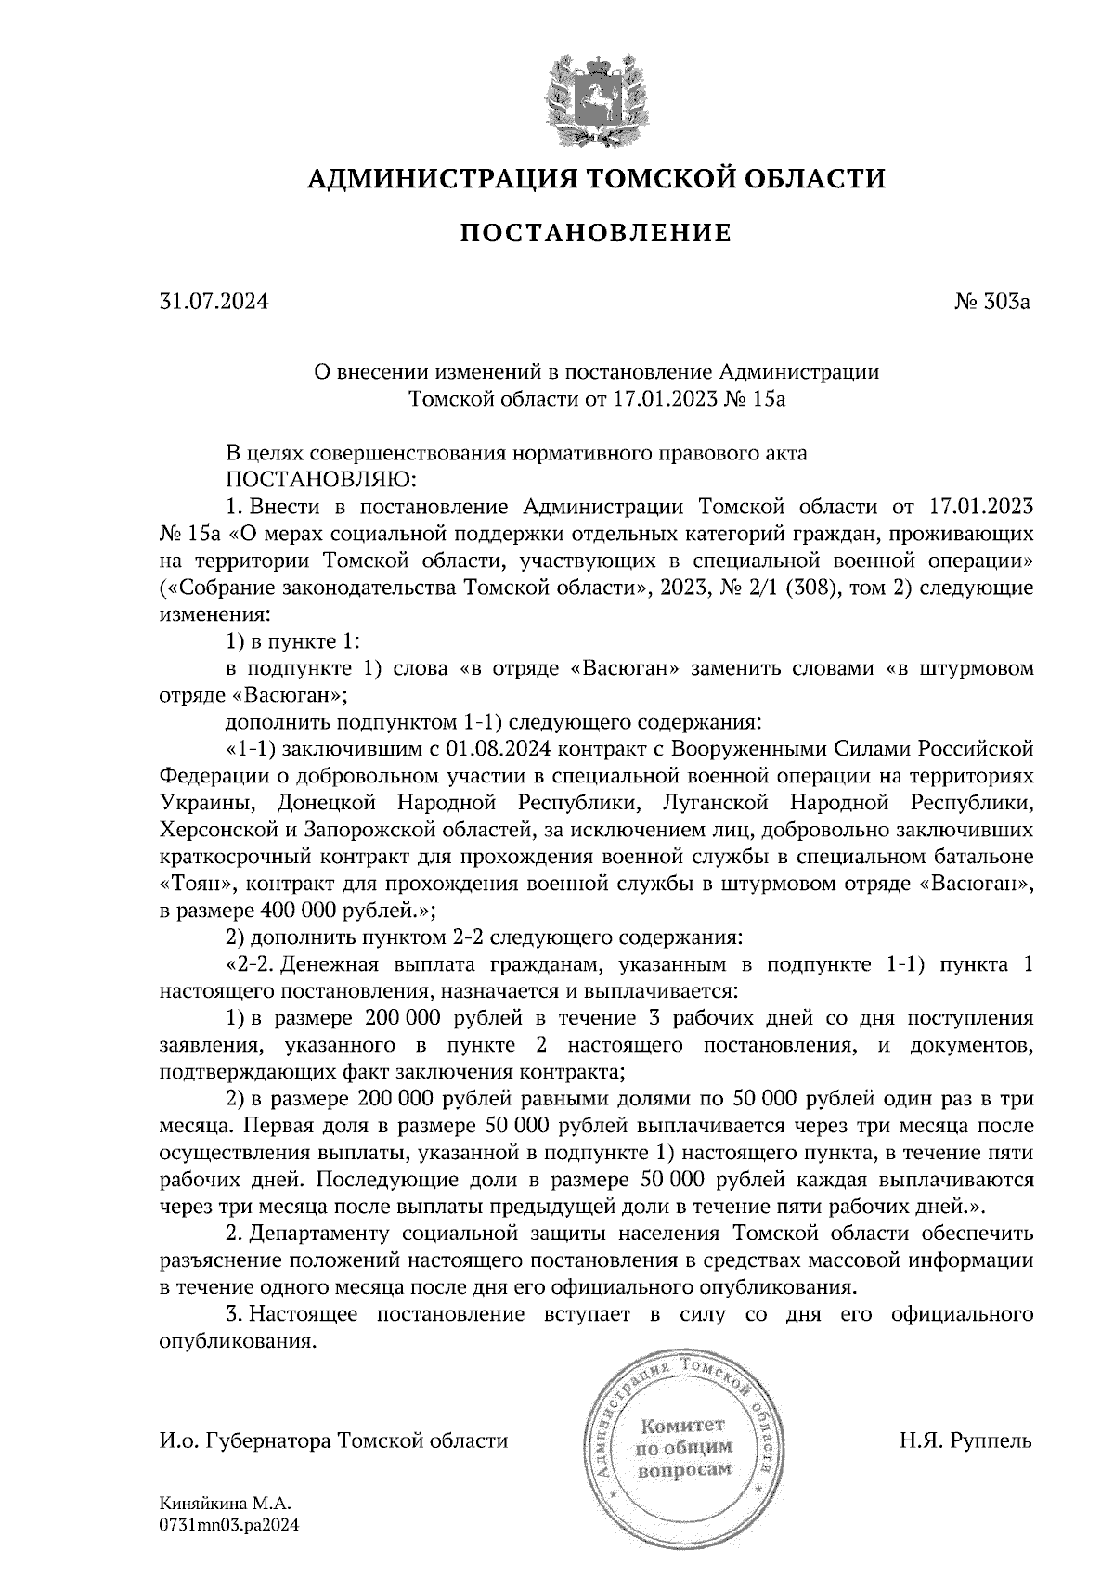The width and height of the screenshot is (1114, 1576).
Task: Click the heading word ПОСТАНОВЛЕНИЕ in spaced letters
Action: pyautogui.click(x=595, y=233)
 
